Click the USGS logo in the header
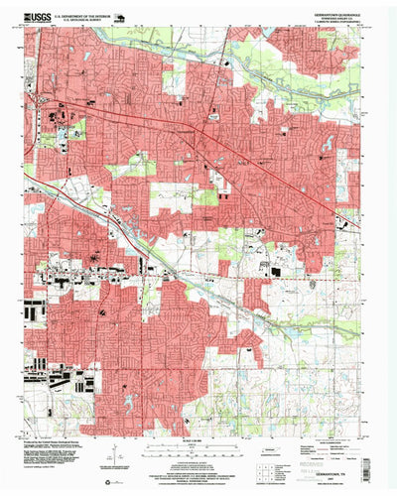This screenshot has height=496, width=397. [38, 18]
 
